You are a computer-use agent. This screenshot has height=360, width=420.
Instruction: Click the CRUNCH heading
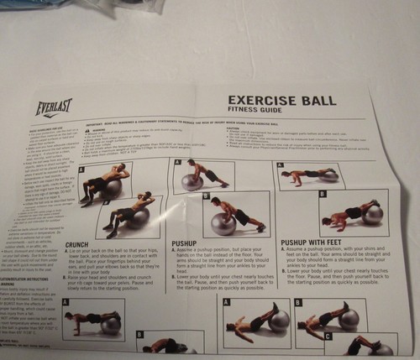[77, 245]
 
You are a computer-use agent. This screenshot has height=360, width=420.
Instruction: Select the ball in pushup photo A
[192, 181]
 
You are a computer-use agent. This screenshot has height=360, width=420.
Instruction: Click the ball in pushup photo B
[223, 223]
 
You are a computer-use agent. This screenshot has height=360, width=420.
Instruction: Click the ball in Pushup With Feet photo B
[372, 214]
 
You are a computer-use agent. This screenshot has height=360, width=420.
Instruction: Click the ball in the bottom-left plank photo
[110, 325]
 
